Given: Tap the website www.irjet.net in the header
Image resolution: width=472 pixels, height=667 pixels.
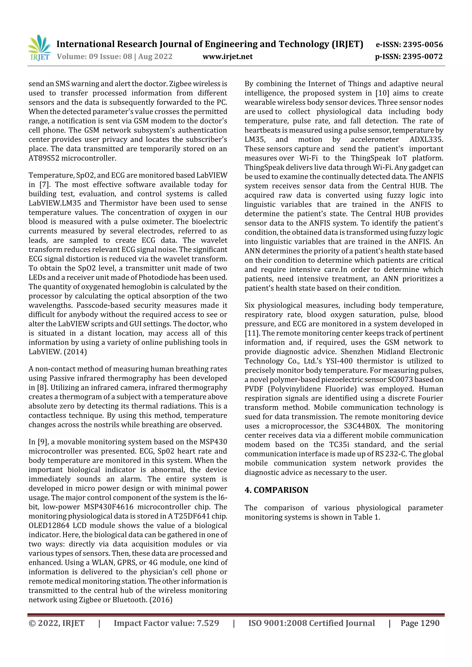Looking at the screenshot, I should [x=227, y=56].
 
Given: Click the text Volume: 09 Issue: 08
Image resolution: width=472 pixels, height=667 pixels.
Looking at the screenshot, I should [x=94, y=56].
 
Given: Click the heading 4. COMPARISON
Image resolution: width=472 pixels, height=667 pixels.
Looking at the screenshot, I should [x=276, y=490].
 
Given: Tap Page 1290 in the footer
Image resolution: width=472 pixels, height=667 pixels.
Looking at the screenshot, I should [x=420, y=623].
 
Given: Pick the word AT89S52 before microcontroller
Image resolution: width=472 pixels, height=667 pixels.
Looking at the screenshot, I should [x=44, y=158].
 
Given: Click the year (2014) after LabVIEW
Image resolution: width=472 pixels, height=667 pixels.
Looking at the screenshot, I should [x=75, y=352].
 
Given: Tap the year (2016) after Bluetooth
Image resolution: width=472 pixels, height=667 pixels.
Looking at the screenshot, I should [x=161, y=600].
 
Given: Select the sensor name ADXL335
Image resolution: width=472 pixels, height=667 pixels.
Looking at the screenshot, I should [x=426, y=140].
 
